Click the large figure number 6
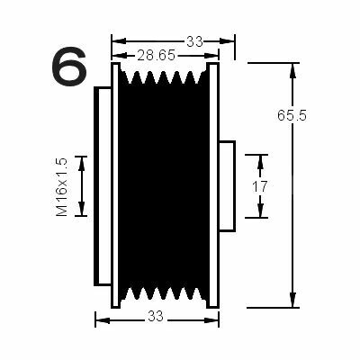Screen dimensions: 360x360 coord(69,67)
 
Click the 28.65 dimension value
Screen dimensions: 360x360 coord(156,56)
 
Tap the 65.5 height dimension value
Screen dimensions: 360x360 coord(292,115)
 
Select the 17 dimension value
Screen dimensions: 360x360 coord(260,187)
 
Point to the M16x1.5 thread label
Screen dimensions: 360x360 coord(62,187)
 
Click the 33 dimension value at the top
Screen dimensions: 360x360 coord(195,41)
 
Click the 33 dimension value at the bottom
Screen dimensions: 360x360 coord(156,316)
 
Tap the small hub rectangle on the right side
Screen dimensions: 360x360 coord(227,186)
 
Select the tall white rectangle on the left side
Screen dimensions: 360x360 coord(103,186)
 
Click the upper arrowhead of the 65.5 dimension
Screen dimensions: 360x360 coord(292,71)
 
